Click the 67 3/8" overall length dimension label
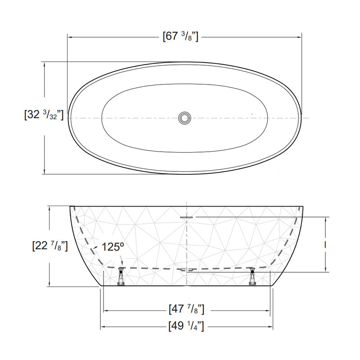click(180, 36)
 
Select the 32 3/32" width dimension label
click(44, 114)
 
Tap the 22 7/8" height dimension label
click(50, 246)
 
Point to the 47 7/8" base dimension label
click(186, 309)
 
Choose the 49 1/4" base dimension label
click(186, 326)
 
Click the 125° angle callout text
click(113, 247)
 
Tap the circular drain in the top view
click(184, 118)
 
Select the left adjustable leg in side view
click(121, 276)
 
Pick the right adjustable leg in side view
click(252, 276)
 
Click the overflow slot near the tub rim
click(186, 217)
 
